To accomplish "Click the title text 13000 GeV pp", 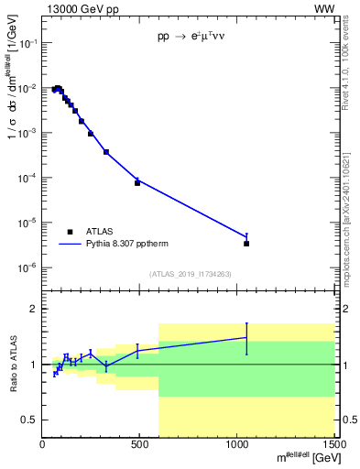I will point(79,8).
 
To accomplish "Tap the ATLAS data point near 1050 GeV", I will point(246,244).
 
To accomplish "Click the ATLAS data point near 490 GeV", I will point(137,183).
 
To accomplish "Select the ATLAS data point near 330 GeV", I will point(106,152).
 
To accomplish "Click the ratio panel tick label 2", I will point(33,310).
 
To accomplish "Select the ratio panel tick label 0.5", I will point(29,420).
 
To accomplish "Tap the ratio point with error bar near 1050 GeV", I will point(246,337).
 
